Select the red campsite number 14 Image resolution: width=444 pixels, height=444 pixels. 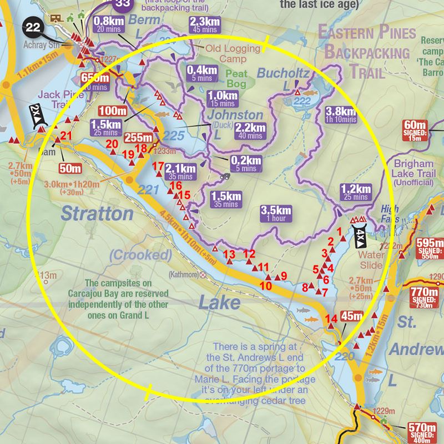coord(331,318)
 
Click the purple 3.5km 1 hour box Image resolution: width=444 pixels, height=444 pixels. coord(276,214)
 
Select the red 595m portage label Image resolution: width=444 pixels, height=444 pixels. coord(431,246)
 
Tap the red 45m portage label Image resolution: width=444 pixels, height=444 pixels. coord(351,317)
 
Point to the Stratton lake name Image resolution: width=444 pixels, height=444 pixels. coord(97,213)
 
